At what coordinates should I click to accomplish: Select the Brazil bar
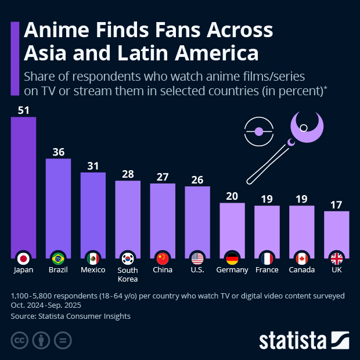click(58, 203)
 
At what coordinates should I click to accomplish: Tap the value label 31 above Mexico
click(93, 165)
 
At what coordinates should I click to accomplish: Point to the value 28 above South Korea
click(128, 174)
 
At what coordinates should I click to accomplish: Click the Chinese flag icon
click(163, 258)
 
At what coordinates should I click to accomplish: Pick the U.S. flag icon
click(197, 258)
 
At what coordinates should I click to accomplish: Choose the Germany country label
click(232, 270)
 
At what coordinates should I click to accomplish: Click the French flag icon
click(267, 258)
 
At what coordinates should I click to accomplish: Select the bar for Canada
click(302, 229)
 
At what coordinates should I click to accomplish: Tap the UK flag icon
click(337, 258)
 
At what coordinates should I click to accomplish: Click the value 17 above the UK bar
click(337, 204)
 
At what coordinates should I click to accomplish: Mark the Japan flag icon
click(23, 258)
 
